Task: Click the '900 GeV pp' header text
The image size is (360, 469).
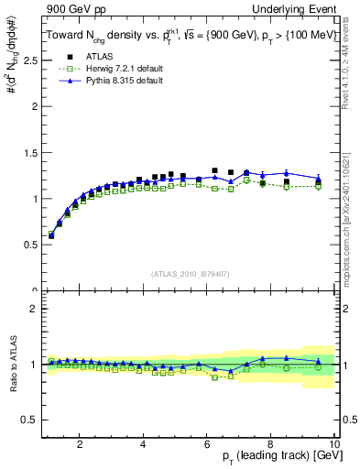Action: [68, 8]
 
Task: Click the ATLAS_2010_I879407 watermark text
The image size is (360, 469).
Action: [190, 274]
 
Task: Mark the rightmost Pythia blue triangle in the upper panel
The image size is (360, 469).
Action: [319, 179]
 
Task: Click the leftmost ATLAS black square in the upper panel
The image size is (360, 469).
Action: [51, 235]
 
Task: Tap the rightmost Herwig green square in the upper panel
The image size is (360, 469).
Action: [319, 186]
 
